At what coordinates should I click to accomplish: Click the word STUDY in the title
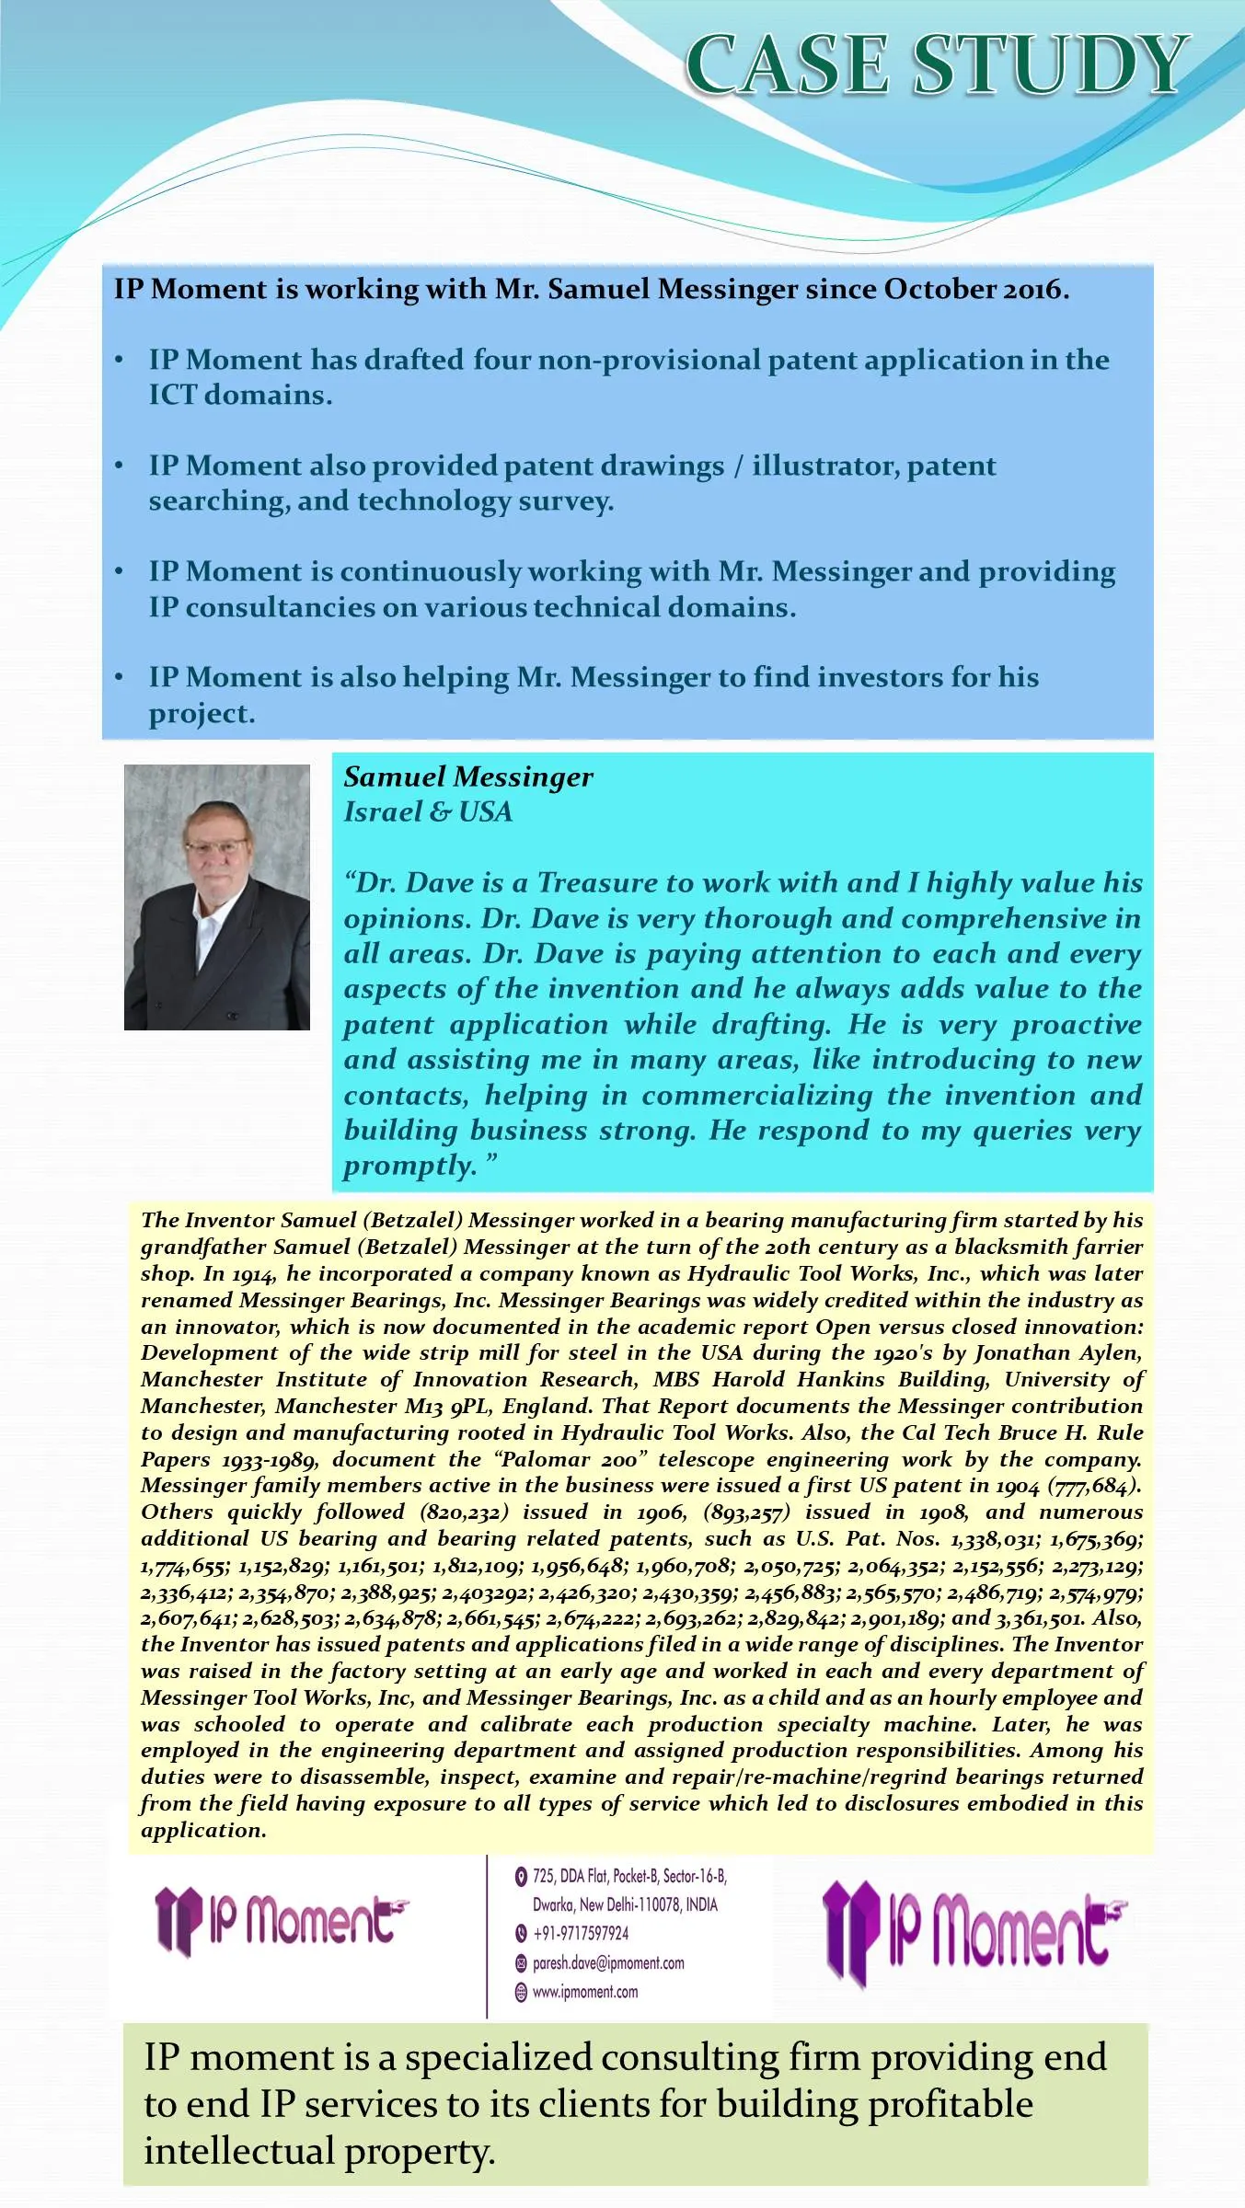pos(1049,64)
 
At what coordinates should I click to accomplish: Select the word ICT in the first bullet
pos(172,396)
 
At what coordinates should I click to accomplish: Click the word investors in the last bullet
pos(880,677)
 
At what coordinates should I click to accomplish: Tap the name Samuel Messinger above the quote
pos(468,777)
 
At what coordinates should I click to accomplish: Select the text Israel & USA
pos(428,812)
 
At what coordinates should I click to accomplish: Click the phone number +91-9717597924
pos(581,1933)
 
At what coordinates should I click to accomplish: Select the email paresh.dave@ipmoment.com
pos(608,1962)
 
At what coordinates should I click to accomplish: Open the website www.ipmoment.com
pos(585,1992)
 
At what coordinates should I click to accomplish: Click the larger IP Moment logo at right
pos(976,1932)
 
